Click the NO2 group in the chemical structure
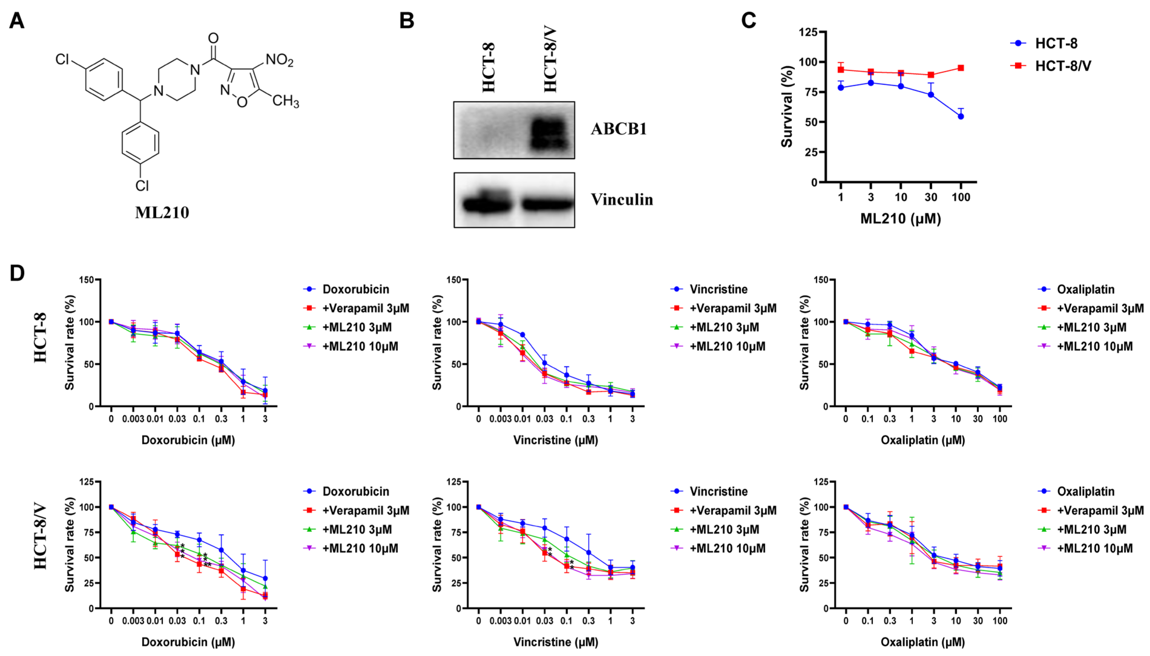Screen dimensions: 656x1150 click(x=279, y=60)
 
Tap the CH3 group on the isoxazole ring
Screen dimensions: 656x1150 click(x=285, y=100)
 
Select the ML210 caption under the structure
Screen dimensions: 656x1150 click(x=162, y=212)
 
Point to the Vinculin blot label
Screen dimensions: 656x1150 click(x=622, y=200)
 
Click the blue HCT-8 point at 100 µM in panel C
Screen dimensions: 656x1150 click(x=960, y=116)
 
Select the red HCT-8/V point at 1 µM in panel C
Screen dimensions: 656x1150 click(x=840, y=69)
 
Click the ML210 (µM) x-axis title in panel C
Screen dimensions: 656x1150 click(x=900, y=219)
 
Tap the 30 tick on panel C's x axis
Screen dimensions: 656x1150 click(x=931, y=197)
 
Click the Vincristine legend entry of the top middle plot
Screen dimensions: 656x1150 click(x=718, y=289)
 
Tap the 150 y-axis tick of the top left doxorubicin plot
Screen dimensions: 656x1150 click(x=86, y=280)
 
